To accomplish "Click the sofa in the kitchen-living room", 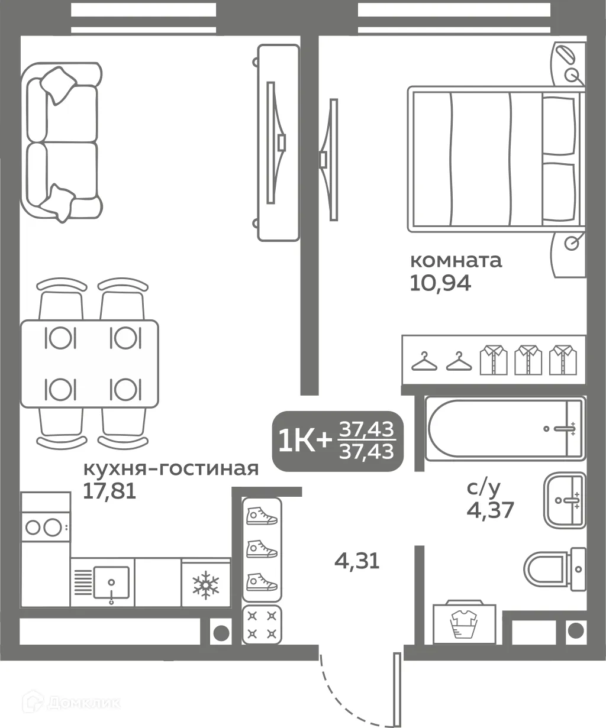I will click(59, 143).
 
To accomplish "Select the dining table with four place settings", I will click(89, 364).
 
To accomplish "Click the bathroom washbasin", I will click(565, 500).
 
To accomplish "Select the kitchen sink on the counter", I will click(110, 583).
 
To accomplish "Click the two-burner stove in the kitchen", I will click(45, 526).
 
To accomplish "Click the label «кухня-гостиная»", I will click(171, 469).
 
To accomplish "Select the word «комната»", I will click(456, 260).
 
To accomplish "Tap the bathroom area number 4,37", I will click(490, 509).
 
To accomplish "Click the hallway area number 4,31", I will click(357, 560).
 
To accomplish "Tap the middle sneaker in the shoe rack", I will click(262, 549).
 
